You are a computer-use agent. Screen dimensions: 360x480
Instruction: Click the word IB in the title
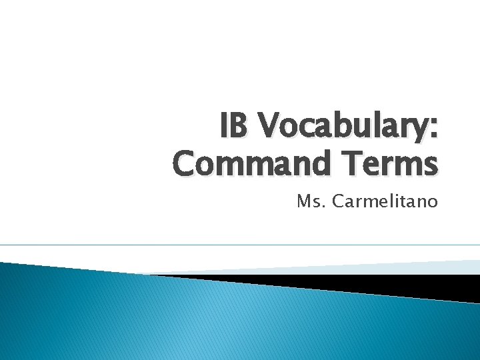click(x=237, y=127)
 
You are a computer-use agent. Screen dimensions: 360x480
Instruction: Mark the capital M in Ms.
click(x=303, y=201)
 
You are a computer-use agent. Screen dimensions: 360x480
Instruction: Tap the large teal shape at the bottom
click(x=200, y=320)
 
